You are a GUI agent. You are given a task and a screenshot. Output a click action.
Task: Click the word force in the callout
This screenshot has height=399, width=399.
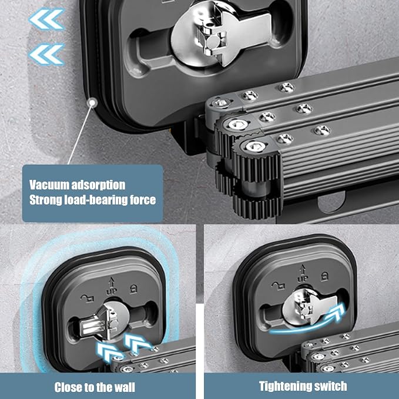(x=143, y=200)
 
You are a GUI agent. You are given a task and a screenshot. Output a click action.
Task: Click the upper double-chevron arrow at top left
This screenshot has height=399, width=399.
(x=47, y=19)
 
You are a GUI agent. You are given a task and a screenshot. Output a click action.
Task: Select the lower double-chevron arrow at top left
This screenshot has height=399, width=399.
(x=47, y=55)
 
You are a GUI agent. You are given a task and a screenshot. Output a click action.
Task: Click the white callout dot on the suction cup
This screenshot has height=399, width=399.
(x=92, y=103)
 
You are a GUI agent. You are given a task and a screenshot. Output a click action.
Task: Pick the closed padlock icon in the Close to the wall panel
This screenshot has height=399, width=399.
(x=133, y=289)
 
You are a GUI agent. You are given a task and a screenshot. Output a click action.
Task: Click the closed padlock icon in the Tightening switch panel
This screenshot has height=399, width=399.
(x=324, y=276)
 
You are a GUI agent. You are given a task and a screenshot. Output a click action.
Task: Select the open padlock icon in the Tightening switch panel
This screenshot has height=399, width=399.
(x=278, y=286)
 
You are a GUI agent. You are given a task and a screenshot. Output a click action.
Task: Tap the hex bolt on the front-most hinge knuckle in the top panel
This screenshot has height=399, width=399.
(x=255, y=147)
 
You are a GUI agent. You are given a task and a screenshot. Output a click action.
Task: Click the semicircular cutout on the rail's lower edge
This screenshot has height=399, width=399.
(x=331, y=202)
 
